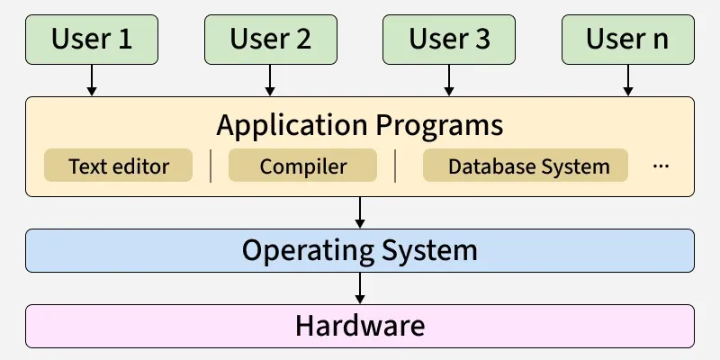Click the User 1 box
tap(91, 39)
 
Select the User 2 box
tap(270, 39)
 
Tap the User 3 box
tap(449, 39)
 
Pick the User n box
tap(628, 39)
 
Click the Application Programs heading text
tap(360, 123)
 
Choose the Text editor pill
tap(119, 166)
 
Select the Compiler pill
tap(302, 166)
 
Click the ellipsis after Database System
tap(661, 166)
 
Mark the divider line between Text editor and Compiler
tap(211, 166)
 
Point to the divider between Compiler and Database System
tap(395, 166)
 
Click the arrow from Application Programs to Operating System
tap(360, 212)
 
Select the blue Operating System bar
tap(360, 250)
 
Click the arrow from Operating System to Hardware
tap(360, 288)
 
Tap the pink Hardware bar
tap(360, 326)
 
